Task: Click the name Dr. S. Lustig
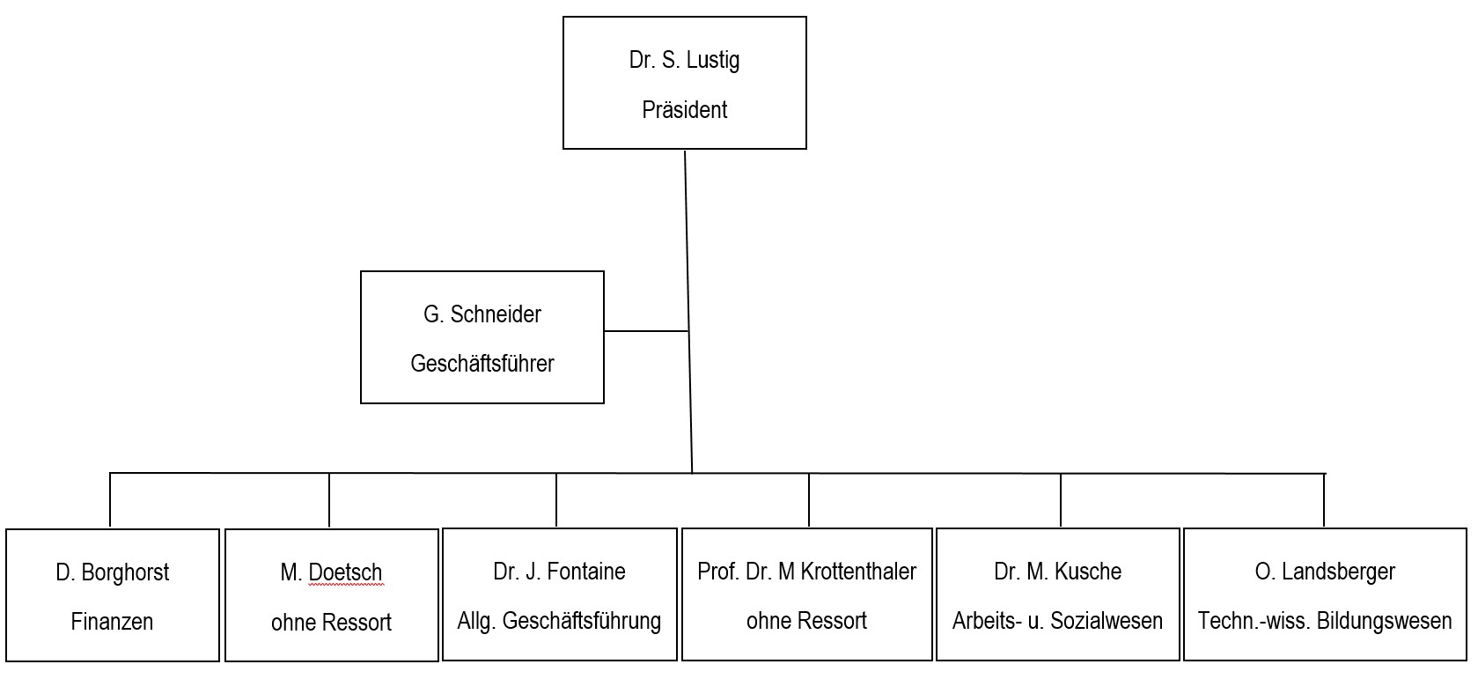point(684,60)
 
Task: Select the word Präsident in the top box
point(684,110)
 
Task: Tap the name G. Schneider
point(482,314)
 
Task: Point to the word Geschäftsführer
point(482,364)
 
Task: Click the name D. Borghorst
point(112,572)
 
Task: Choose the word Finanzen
point(112,622)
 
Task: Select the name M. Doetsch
point(331,572)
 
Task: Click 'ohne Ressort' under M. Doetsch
point(331,623)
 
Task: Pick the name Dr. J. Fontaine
point(559,572)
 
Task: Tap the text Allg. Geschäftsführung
point(559,621)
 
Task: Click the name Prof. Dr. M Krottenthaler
point(806,572)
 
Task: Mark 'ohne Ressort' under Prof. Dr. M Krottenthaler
point(806,621)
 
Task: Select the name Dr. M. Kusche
point(1057,572)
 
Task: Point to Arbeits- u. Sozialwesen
point(1057,621)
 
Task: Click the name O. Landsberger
point(1325,572)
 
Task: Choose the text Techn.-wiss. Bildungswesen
point(1325,621)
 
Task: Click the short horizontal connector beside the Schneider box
point(646,331)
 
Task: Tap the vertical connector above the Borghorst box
point(110,500)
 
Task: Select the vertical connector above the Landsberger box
point(1324,500)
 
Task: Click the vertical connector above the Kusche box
point(1061,500)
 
